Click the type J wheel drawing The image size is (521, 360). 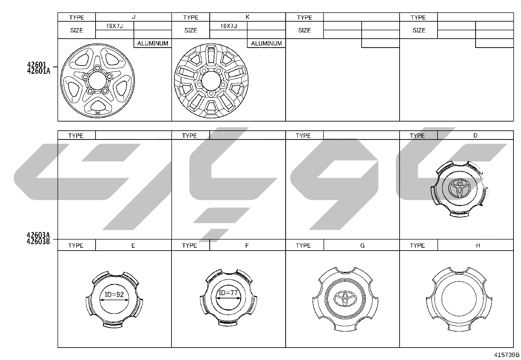[98, 81]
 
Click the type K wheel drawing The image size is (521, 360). [211, 81]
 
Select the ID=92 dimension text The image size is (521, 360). [114, 294]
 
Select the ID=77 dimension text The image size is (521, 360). [228, 293]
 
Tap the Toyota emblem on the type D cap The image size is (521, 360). [459, 188]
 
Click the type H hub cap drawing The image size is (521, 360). [459, 299]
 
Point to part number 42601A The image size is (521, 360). [39, 71]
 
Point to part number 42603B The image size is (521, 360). [38, 241]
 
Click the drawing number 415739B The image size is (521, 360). [507, 355]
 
